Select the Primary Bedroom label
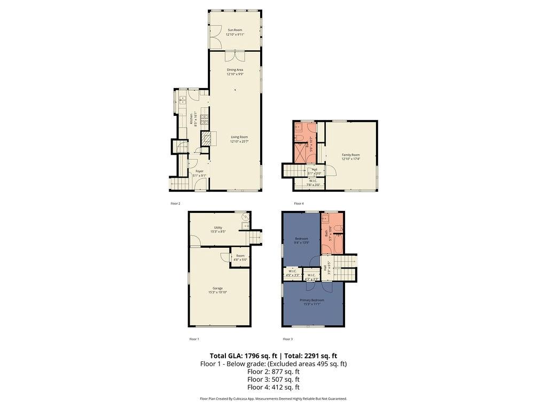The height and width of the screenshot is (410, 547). pos(312,300)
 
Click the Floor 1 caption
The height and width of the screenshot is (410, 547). pos(194,339)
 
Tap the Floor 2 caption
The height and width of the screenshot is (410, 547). pos(175,203)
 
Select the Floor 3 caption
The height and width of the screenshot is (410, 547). pos(287,339)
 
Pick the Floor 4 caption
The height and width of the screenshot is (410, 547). pos(299,203)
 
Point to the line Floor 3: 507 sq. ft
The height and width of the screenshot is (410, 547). pos(273,380)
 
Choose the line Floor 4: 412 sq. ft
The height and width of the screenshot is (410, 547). pos(273,388)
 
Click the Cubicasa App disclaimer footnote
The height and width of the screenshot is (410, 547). pos(273,399)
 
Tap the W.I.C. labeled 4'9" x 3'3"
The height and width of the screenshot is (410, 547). pos(293,272)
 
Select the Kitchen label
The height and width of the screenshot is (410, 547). pos(191,119)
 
